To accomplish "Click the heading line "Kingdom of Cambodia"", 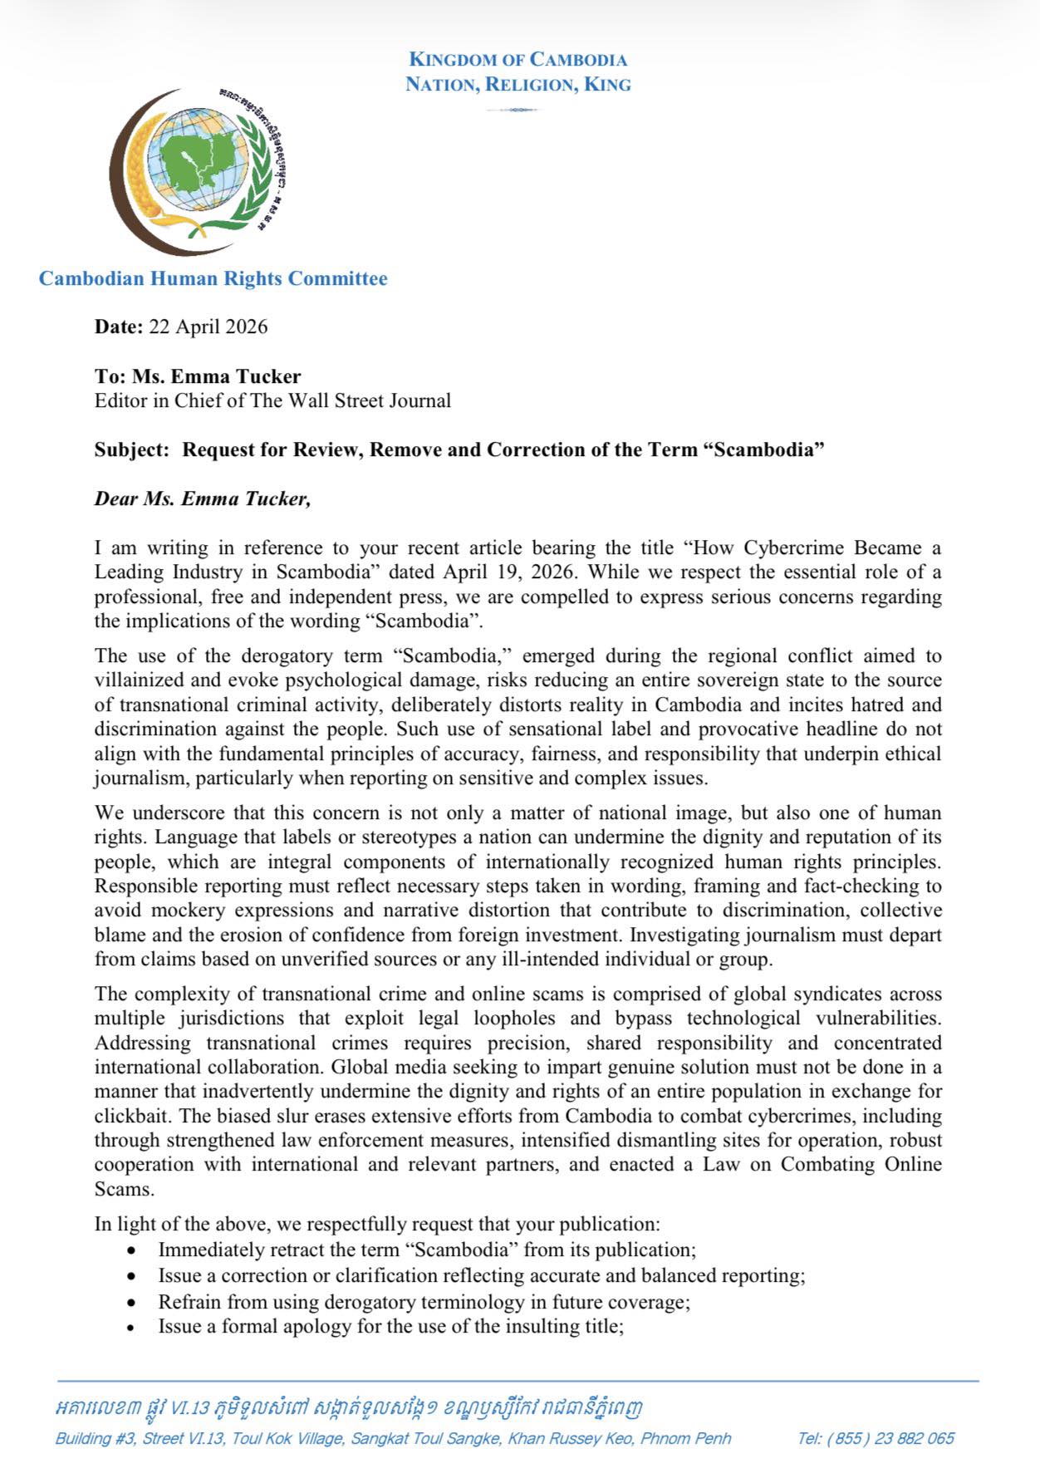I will [518, 60].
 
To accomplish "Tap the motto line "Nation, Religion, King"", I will [518, 85].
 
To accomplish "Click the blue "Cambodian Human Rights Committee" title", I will [213, 278].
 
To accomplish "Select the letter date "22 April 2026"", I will [208, 327].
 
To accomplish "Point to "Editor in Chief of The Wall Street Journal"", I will [272, 400].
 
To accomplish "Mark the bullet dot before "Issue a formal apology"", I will [131, 1328].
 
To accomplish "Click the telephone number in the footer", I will [876, 1438].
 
